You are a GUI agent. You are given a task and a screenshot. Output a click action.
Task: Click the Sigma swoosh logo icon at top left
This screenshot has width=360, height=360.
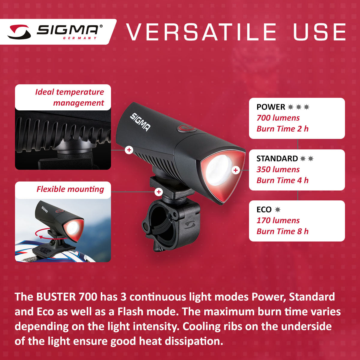coord(19,32)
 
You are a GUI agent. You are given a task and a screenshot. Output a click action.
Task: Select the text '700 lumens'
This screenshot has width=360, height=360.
coord(278,118)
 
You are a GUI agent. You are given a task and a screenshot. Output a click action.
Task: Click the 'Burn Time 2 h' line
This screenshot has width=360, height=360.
coord(282,129)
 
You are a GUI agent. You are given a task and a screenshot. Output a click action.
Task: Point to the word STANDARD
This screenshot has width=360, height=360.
coord(277,158)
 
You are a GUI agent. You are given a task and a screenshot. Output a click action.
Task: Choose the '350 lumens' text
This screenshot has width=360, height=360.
coord(278,169)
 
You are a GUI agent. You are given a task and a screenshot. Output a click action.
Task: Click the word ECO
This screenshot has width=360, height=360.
coord(264,209)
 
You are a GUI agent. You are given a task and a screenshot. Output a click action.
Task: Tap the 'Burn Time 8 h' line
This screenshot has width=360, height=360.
coord(282,231)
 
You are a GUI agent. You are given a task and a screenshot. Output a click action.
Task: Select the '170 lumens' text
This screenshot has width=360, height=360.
coord(278,220)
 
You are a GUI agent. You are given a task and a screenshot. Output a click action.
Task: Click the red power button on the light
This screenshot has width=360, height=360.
coord(186,128)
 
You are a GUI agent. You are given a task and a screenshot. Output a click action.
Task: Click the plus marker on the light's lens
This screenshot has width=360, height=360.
coord(236,170)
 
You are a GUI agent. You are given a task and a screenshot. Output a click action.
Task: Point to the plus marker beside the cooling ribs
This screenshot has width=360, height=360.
coord(129,150)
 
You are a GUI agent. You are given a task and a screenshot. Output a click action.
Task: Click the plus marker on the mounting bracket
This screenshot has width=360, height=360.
coord(159,192)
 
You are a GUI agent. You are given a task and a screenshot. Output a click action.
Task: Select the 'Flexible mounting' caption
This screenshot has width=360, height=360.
coord(70,189)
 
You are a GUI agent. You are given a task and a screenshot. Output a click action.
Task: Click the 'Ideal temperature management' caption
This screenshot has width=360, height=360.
coord(70,97)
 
